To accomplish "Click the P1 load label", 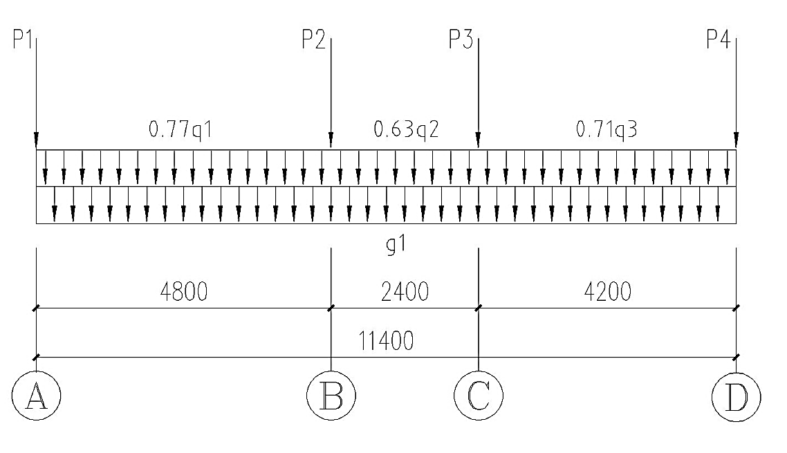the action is [23, 39].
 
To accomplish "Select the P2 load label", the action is [313, 39].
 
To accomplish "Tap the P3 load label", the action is [461, 39].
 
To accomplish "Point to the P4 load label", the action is [719, 39].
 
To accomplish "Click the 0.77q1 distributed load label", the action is [180, 129].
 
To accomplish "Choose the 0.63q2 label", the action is [406, 129].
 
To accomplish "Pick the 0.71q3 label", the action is [607, 129].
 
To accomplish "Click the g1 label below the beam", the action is [396, 245].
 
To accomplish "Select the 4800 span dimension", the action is [184, 291].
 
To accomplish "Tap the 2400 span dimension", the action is [405, 291].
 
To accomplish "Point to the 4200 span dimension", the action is [607, 291].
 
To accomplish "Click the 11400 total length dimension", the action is [386, 341].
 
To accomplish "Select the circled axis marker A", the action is [36, 396].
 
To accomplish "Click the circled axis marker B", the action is [331, 396].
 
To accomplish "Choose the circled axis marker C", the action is [479, 396].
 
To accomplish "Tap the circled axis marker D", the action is [737, 397].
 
